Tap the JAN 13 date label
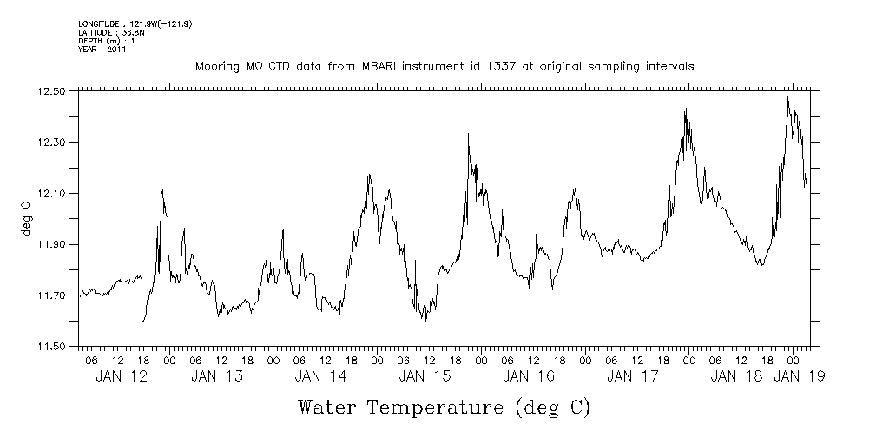216,376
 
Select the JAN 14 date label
320,376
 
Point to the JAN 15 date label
425,376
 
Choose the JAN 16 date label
529,376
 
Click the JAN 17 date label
633,376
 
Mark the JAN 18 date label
737,376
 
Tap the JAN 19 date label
800,376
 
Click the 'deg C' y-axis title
27,217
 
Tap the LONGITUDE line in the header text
135,23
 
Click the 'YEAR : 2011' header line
103,50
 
